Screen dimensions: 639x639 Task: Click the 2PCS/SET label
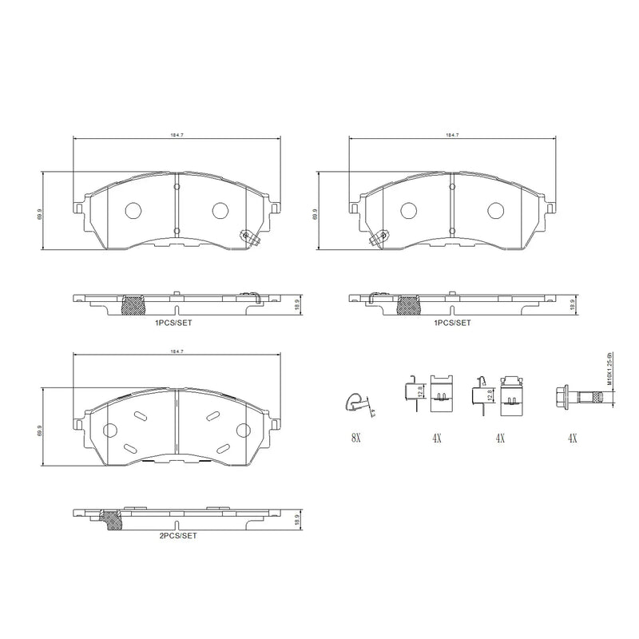(177, 536)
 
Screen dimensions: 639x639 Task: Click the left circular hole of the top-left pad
(133, 210)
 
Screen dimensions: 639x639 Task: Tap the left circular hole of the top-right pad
(408, 210)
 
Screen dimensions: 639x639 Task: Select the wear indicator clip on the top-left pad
(250, 237)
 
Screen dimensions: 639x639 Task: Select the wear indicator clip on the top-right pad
(378, 237)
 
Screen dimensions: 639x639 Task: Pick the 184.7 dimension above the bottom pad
(177, 351)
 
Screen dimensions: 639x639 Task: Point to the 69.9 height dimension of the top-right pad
(316, 213)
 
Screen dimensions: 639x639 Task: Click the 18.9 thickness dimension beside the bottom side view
(298, 518)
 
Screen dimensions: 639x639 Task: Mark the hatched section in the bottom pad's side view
(113, 520)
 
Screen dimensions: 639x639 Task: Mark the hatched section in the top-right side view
(409, 304)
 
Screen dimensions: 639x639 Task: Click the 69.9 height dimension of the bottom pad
(38, 429)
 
